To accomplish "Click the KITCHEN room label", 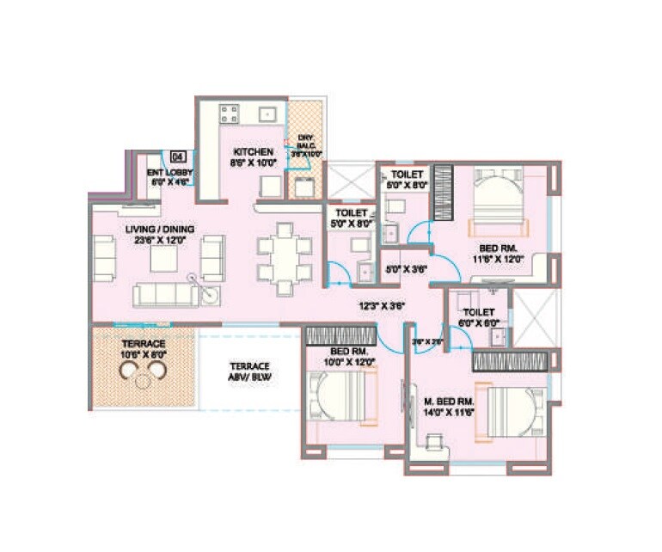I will tap(252, 151).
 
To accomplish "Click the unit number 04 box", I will tap(178, 156).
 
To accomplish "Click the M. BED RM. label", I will tap(449, 402).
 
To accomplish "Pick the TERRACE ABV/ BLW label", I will tap(248, 369).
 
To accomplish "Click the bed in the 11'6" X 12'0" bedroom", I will tap(495, 203).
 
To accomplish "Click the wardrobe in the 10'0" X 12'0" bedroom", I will tap(342, 336).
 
